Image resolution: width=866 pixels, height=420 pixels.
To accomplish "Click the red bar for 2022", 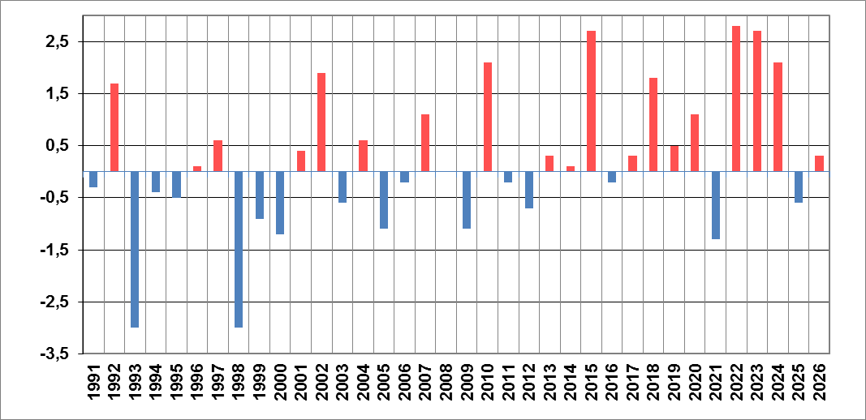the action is point(736,99).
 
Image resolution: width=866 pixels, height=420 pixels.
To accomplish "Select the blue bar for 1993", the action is point(135,250).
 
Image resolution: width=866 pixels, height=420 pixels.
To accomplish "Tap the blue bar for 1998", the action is point(239,250).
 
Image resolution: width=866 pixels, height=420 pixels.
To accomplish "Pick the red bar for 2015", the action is point(591,101).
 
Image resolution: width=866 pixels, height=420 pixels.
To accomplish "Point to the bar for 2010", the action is point(488,117).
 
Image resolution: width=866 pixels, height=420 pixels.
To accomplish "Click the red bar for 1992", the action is point(114,127).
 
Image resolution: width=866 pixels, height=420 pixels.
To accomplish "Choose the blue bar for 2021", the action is point(716,205).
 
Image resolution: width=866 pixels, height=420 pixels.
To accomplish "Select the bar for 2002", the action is point(321,122).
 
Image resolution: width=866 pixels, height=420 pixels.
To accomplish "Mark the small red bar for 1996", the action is point(197,169).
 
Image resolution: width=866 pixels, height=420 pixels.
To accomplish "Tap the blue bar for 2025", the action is point(799,187).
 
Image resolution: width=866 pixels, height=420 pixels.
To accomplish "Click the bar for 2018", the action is point(653,125).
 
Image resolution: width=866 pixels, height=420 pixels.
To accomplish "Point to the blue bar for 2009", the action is point(467,199).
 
